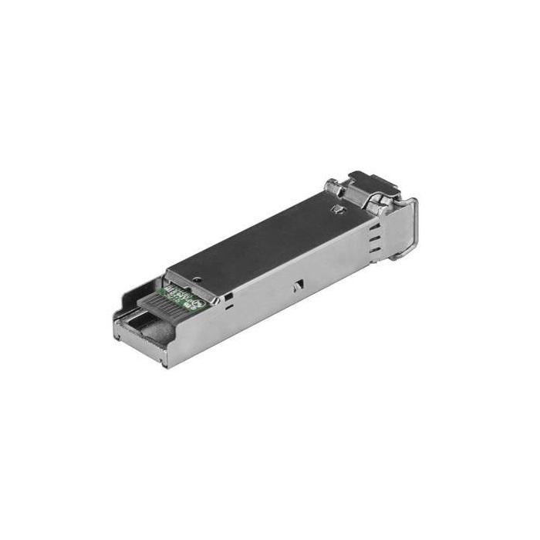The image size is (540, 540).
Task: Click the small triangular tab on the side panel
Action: point(296,287)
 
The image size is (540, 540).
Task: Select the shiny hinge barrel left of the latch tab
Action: point(334,187)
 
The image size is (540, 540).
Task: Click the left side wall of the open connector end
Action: point(123,316)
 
